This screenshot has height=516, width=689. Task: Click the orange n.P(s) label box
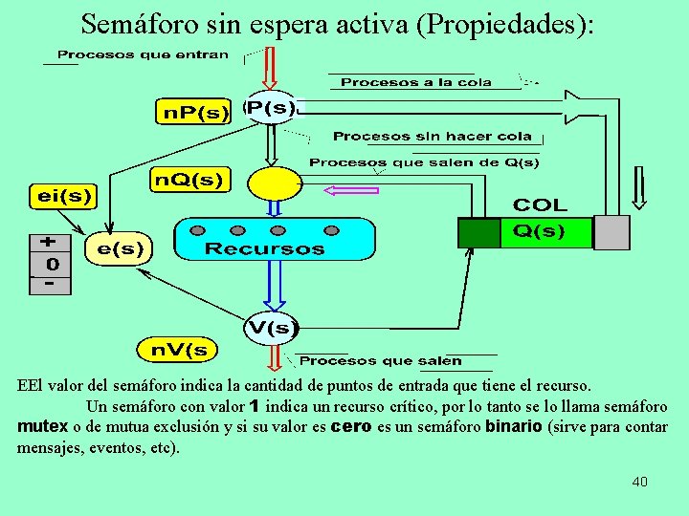[x=195, y=112]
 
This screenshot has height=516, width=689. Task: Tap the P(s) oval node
[x=271, y=108]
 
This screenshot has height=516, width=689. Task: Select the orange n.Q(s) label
[x=190, y=179]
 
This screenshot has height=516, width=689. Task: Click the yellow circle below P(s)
[x=275, y=183]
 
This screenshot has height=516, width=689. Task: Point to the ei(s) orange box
[x=65, y=196]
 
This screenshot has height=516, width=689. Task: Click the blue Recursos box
[x=274, y=239]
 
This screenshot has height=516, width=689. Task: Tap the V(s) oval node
[x=272, y=329]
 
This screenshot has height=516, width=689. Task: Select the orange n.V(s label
[x=179, y=350]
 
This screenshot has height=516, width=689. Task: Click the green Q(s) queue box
[x=525, y=231]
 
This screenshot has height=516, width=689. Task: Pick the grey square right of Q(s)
[x=611, y=232]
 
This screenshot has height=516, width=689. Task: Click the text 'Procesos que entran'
[x=144, y=54]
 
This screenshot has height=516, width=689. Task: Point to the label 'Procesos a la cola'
[x=416, y=82]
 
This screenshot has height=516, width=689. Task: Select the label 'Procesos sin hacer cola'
[x=432, y=137]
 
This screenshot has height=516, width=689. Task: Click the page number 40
[x=639, y=482]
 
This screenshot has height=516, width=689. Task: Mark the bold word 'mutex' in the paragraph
[x=42, y=427]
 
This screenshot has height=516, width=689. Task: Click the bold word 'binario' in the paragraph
[x=514, y=427]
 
